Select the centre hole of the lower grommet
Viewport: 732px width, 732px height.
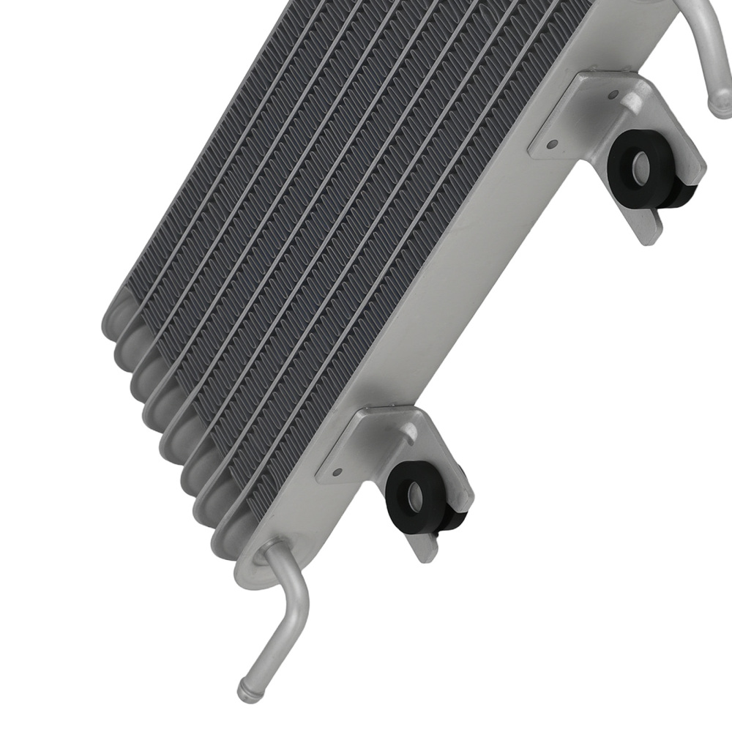coord(412,496)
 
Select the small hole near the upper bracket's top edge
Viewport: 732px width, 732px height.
coord(613,94)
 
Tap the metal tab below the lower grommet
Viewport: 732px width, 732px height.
coord(428,548)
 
